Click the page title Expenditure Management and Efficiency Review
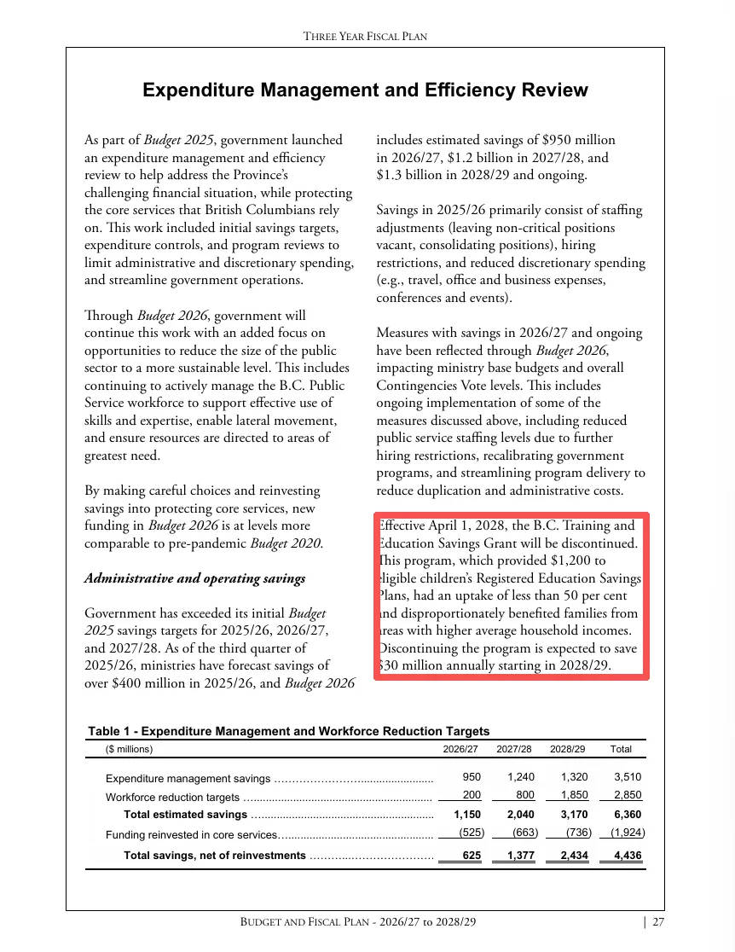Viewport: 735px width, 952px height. pos(365,90)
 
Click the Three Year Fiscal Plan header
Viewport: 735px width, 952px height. pos(365,36)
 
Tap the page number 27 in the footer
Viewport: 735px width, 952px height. pos(658,922)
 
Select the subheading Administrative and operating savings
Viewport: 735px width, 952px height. pos(194,578)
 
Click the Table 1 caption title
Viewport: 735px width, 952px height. pos(288,731)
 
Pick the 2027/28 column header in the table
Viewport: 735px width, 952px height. pos(514,750)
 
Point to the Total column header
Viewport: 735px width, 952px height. pos(621,750)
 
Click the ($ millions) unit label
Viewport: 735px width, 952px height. pos(130,750)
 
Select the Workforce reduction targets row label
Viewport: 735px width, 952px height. pos(172,798)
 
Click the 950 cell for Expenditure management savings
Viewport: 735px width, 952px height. pos(471,777)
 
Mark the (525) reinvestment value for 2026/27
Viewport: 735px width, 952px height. pos(468,833)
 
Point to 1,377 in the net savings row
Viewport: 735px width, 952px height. pos(519,855)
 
